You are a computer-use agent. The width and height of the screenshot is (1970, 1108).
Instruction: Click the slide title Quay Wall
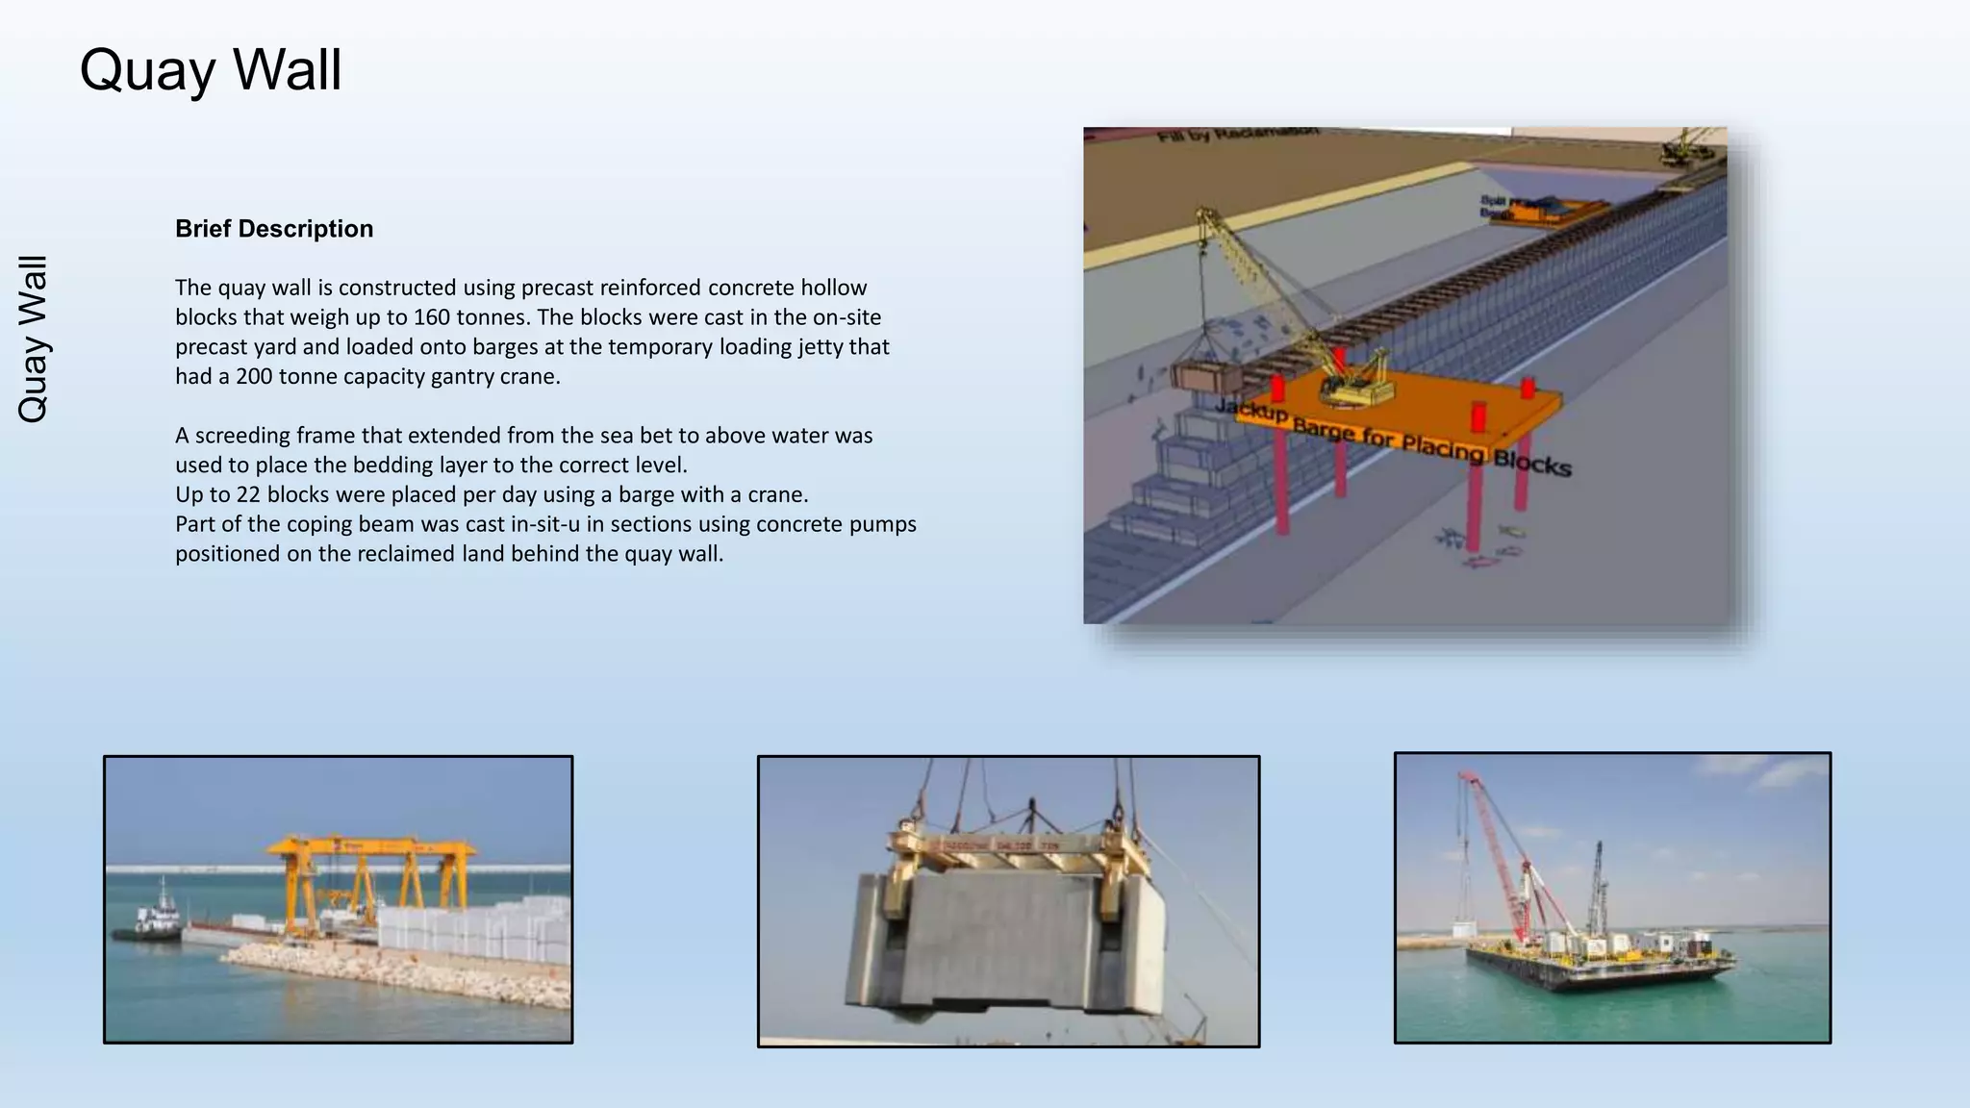pos(210,70)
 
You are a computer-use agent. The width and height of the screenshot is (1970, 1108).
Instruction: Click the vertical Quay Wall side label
pos(34,339)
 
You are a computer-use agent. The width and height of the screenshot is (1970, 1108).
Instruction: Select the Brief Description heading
pos(274,229)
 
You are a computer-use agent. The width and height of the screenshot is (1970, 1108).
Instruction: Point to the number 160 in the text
pos(432,317)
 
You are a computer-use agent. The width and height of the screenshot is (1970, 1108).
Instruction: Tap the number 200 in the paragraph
pos(255,376)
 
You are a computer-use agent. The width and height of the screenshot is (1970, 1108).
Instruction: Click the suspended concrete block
pos(1005,943)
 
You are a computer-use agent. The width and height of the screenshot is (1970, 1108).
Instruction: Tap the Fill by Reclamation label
pos(1237,135)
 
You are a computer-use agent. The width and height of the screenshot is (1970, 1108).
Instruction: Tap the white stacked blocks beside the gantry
pos(471,928)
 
